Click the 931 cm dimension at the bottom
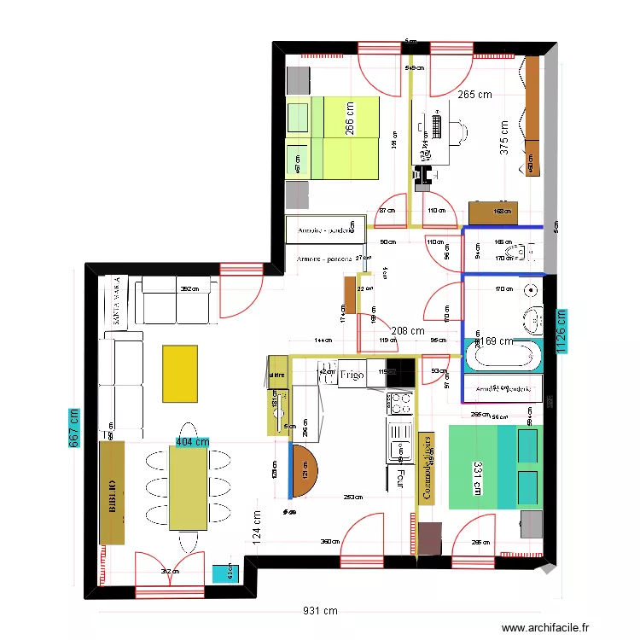point(320,611)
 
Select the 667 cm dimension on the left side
point(74,427)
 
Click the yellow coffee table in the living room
point(180,373)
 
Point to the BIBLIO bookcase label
point(112,492)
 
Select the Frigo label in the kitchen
point(352,375)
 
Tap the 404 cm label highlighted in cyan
point(192,442)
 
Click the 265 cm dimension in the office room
point(475,95)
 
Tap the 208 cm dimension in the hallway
point(407,330)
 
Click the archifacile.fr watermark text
point(546,627)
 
